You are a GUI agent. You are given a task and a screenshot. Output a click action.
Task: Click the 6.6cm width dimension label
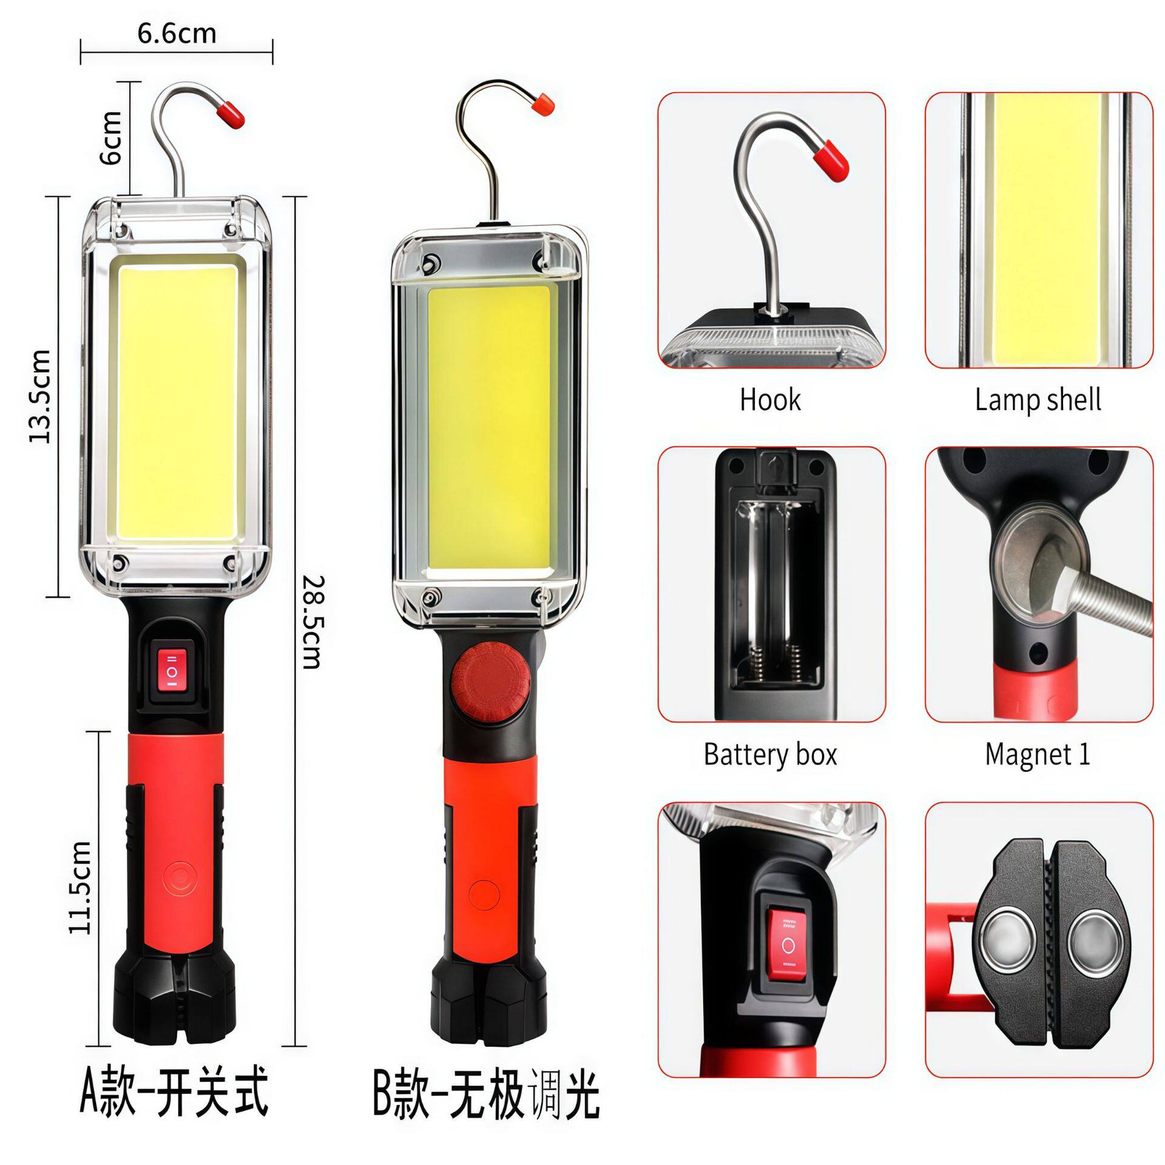tap(177, 34)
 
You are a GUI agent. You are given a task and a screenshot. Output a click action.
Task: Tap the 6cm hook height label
tap(111, 138)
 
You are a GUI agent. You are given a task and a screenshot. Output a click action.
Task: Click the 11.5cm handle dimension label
tap(81, 887)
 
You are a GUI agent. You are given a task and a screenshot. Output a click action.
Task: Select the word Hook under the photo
tap(770, 400)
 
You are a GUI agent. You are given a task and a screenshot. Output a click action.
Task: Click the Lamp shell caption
tap(1038, 400)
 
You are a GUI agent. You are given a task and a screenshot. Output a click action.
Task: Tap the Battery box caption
tap(770, 754)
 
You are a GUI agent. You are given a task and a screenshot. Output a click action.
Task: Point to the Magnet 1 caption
tap(1038, 754)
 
